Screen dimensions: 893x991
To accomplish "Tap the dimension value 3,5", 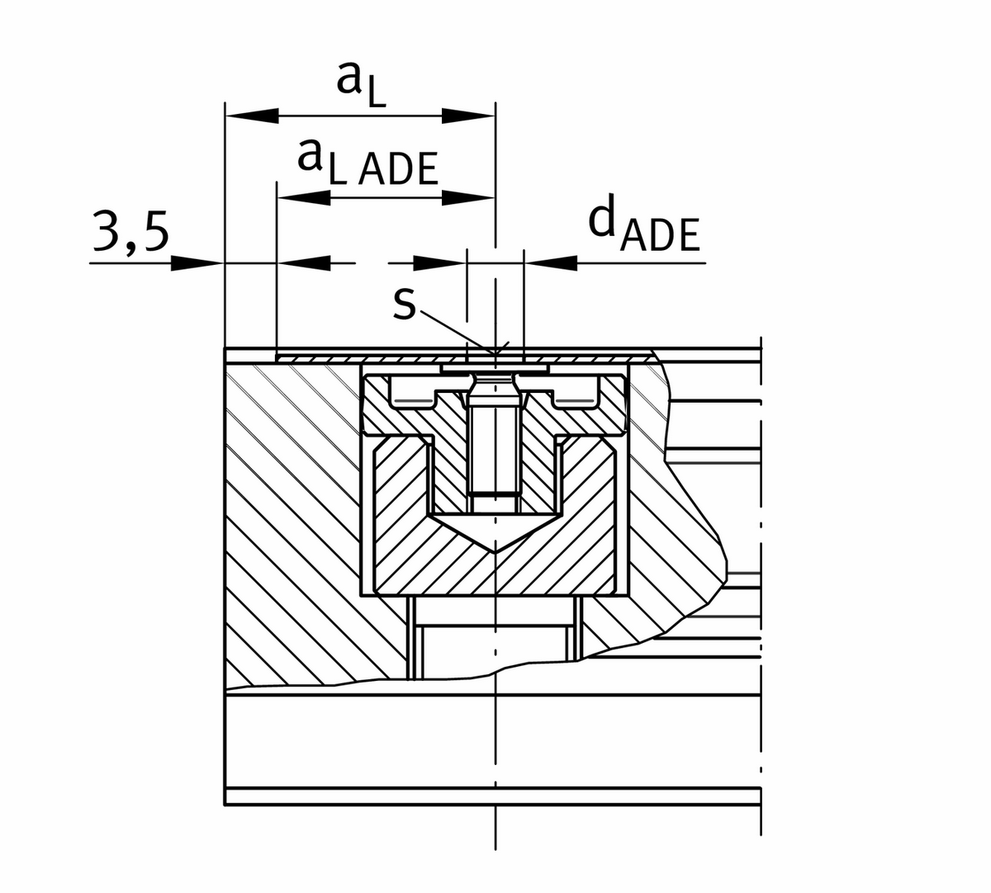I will click(x=130, y=234).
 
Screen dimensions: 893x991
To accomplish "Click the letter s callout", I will click(x=404, y=302).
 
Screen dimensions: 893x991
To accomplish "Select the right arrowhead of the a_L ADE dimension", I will click(x=467, y=197).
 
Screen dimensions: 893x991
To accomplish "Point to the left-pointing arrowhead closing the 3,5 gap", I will click(x=304, y=263).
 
